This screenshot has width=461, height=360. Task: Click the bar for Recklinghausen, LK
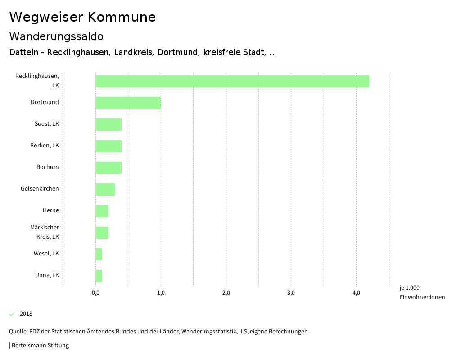(232, 81)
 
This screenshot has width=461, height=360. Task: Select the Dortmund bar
(128, 103)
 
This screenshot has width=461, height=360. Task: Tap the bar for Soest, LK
(108, 124)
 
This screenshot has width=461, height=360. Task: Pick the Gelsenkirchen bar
(105, 189)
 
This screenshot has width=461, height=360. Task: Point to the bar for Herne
(102, 211)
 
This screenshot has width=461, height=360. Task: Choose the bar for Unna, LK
(99, 276)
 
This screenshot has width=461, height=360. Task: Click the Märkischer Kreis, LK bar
(102, 232)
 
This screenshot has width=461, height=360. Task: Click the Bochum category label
(48, 167)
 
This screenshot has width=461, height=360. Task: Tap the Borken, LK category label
(45, 146)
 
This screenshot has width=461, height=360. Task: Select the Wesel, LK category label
(46, 254)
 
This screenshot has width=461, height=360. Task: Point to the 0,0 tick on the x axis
(95, 293)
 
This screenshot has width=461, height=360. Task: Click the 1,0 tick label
(161, 293)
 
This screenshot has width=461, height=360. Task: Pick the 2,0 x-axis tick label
(226, 293)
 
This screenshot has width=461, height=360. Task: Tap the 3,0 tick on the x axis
(291, 293)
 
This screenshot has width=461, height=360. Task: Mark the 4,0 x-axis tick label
(356, 293)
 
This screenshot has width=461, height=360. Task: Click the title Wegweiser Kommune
(82, 17)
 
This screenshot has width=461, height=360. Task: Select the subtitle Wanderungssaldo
(56, 36)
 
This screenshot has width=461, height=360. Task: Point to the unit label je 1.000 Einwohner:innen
(422, 292)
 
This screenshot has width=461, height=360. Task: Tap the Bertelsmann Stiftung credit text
(40, 346)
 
